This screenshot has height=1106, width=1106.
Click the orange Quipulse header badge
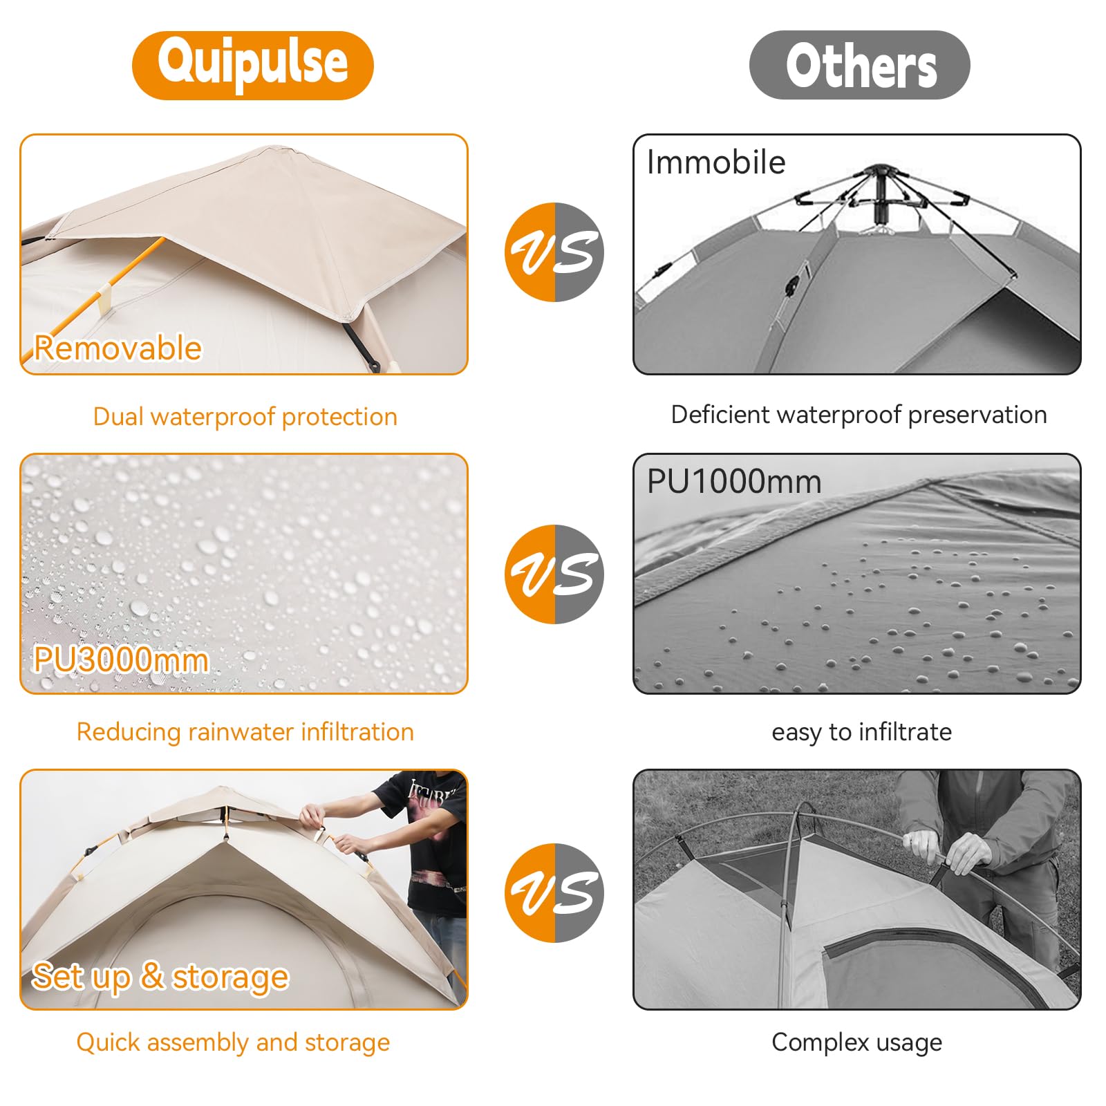[x=252, y=65]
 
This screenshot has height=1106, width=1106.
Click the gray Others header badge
[x=859, y=65]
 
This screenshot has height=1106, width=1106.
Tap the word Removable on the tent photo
[x=118, y=348]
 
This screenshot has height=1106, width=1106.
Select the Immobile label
[x=716, y=162]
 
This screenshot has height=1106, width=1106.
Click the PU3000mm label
[x=121, y=659]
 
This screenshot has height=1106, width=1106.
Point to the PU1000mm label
[x=734, y=481]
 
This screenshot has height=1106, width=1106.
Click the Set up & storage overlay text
[x=160, y=977]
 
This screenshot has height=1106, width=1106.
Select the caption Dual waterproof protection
[x=245, y=417]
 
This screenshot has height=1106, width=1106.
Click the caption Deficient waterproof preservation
[x=859, y=415]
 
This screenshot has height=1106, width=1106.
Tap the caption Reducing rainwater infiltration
[x=245, y=731]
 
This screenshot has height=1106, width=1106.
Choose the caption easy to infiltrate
[x=861, y=731]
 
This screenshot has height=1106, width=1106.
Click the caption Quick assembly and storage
[x=233, y=1042]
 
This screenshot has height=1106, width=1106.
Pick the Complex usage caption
[x=856, y=1042]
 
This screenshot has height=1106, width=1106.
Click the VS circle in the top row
[x=554, y=252]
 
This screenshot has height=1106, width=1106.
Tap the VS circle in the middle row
[x=554, y=574]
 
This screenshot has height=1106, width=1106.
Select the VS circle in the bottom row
[x=554, y=892]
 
